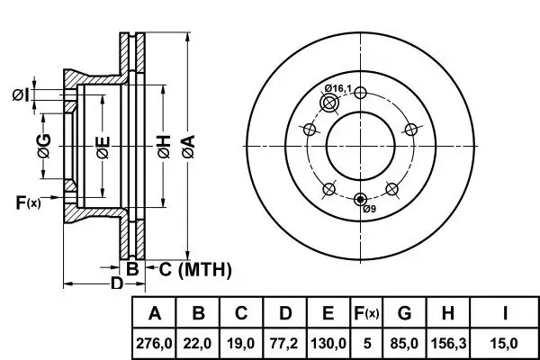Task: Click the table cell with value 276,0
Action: point(155,343)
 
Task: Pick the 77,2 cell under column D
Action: point(285,343)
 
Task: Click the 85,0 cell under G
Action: point(403,343)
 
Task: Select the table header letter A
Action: point(155,314)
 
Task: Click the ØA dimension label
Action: point(187,143)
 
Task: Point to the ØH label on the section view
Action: point(163,145)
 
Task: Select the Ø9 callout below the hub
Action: point(369,211)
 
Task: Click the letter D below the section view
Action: point(115,284)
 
